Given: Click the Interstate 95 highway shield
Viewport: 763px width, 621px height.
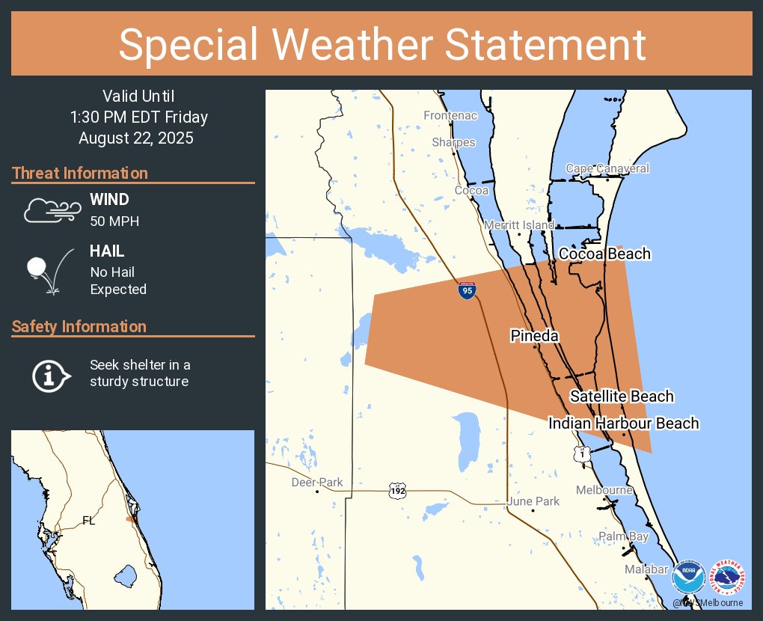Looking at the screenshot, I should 467,291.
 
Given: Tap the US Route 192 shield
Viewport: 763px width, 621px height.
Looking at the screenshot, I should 397,491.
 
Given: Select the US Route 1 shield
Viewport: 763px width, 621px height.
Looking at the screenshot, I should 583,453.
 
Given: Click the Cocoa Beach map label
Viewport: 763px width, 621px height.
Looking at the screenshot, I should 604,254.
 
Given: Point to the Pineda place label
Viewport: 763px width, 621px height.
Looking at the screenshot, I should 534,336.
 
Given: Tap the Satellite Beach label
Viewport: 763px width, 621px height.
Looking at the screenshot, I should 622,397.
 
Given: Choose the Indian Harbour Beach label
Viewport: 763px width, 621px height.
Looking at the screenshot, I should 623,423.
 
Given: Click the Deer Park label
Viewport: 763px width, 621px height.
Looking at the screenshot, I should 317,483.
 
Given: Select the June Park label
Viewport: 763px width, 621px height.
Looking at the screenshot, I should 533,501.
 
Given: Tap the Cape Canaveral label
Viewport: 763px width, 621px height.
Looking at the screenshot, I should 607,169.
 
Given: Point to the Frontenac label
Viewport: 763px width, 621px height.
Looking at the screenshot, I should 450,116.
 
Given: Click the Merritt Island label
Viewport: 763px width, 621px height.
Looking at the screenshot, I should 519,225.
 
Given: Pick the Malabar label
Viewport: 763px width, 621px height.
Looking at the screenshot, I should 646,570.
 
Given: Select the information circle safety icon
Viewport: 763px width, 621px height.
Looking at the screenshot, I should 50,374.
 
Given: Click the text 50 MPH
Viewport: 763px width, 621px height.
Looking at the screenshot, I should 114,221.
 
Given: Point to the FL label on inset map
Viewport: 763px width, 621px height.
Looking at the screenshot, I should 89,521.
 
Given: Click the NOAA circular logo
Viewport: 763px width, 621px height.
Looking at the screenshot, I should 688,579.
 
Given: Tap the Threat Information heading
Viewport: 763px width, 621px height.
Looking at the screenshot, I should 80,174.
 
